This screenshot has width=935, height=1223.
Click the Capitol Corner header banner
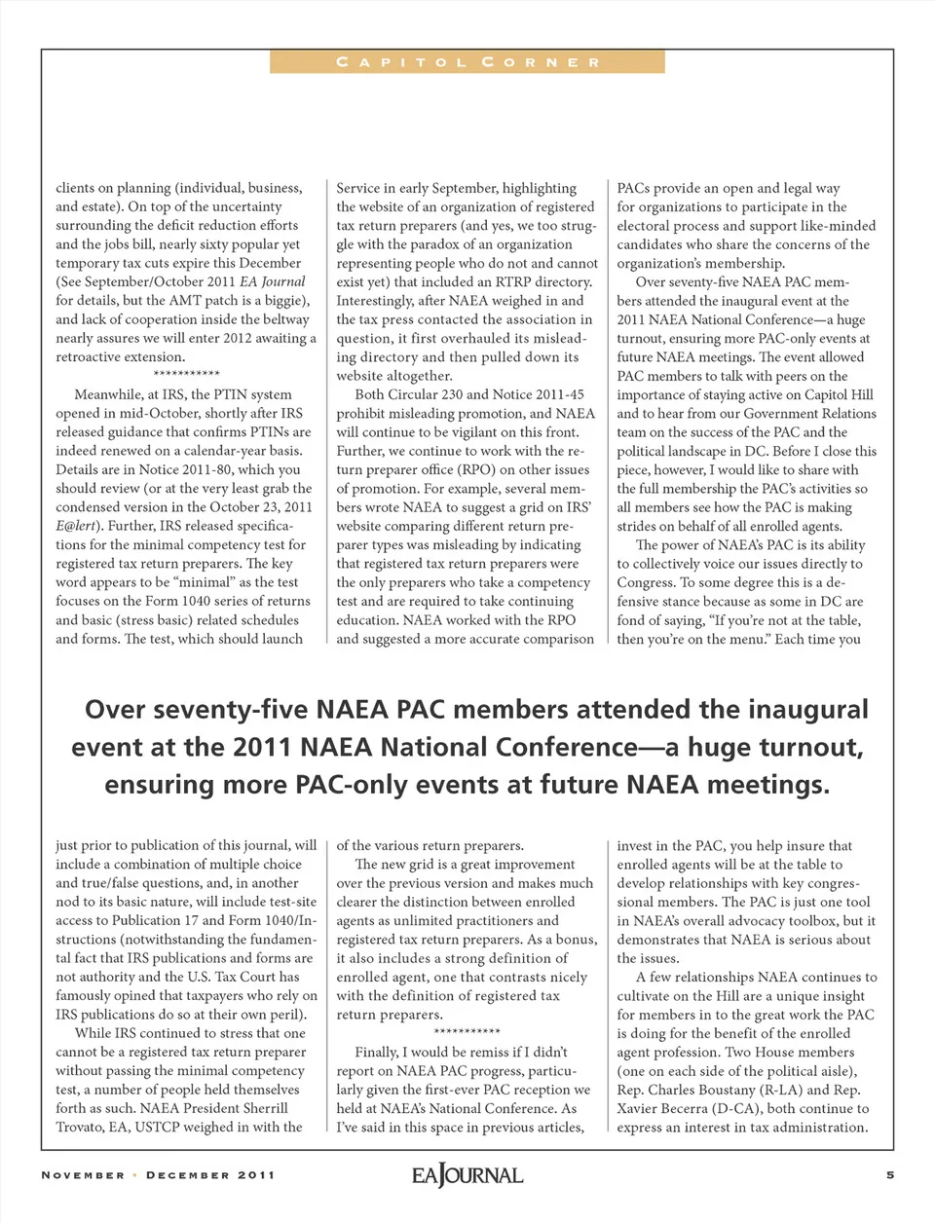pos(467,62)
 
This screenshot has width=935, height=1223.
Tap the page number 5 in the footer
pos(890,1174)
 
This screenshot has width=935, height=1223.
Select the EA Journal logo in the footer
pos(467,1175)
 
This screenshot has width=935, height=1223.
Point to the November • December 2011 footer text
pos(158,1175)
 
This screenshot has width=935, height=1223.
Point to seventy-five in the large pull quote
pos(222,710)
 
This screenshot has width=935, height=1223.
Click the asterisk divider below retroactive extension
pos(186,375)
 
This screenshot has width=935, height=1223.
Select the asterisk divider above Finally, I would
pos(467,1032)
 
